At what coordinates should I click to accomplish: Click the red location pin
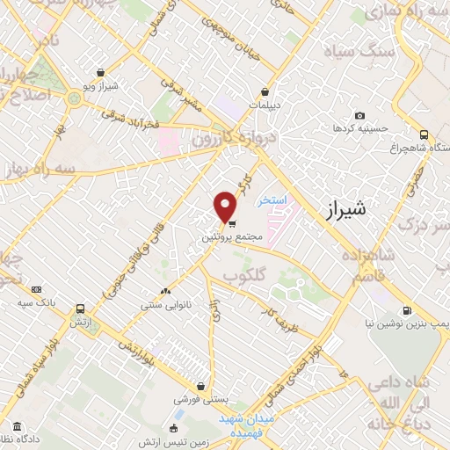pos(226,207)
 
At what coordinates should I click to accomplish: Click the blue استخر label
pos(272,200)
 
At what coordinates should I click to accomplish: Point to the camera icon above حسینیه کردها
pos(359,116)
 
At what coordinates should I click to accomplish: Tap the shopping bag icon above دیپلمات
pos(265,91)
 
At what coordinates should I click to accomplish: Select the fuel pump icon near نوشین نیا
pos(408,310)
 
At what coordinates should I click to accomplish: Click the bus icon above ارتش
pos(81,309)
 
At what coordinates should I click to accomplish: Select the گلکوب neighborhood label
pos(243,276)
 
